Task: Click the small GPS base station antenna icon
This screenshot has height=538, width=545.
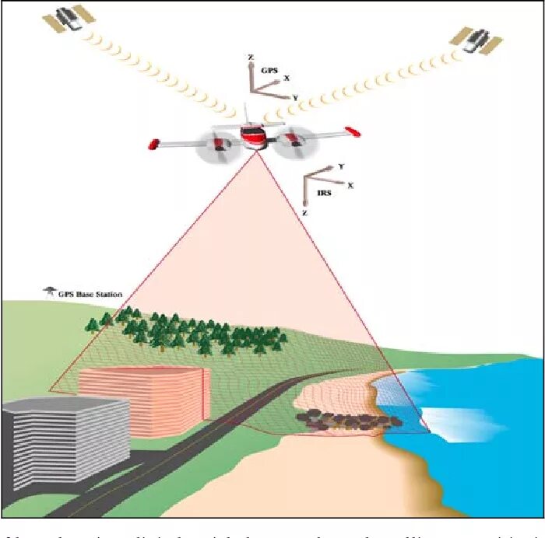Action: click(x=49, y=292)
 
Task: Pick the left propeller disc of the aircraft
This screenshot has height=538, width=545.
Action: click(x=214, y=145)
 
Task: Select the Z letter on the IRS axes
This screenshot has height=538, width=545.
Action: click(x=304, y=211)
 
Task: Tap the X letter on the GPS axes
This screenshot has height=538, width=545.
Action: click(x=287, y=78)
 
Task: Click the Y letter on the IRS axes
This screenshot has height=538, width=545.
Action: click(x=341, y=166)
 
